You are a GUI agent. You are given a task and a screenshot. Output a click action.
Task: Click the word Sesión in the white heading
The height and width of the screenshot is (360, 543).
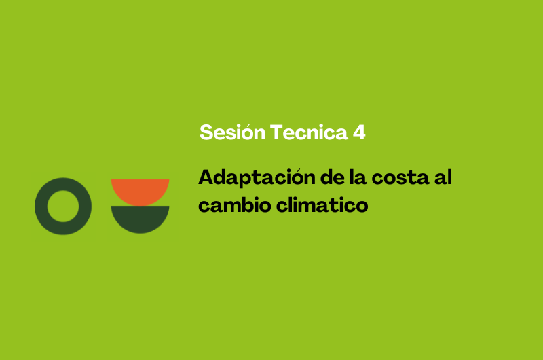[232, 132]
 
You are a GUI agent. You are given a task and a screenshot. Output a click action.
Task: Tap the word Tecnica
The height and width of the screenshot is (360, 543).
[309, 132]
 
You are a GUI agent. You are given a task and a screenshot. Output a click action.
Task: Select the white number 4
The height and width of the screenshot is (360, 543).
[359, 132]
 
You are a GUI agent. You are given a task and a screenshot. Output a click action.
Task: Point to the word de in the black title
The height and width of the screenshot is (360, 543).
[332, 177]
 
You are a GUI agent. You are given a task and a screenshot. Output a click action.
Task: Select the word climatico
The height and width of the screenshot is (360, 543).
[322, 204]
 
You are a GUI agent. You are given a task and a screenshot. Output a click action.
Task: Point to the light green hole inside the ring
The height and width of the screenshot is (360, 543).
[63, 206]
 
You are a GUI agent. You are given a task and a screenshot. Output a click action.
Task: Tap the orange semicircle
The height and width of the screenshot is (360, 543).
[140, 191]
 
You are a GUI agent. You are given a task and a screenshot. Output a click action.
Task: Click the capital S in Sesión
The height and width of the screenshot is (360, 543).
[206, 132]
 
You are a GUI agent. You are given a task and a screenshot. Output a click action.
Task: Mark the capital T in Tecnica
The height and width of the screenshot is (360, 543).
[277, 132]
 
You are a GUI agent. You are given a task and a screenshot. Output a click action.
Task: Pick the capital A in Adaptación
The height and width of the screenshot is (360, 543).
[206, 177]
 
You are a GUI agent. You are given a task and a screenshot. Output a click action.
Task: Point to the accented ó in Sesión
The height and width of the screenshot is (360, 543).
[247, 132]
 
